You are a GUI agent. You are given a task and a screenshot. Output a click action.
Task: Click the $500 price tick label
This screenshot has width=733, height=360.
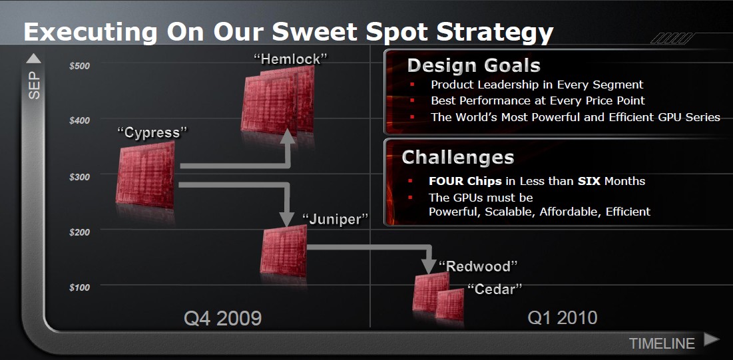pos(79,66)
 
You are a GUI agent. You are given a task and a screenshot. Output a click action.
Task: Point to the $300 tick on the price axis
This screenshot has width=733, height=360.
pos(79,177)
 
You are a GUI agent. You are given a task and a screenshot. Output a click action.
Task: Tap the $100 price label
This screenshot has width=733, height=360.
pos(79,287)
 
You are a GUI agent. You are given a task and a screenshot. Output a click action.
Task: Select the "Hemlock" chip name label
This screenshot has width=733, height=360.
pos(290,59)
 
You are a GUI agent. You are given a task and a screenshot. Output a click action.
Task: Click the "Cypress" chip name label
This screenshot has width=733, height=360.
pos(152,133)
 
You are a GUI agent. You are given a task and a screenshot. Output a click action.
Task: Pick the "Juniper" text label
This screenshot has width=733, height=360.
pos(335,219)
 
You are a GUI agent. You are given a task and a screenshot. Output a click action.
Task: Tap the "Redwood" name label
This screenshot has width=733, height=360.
pos(478,266)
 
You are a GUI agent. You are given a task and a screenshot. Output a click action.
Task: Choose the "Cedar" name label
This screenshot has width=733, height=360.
pos(495,289)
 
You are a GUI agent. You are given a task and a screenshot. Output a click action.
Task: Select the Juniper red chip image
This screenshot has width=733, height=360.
pos(284,251)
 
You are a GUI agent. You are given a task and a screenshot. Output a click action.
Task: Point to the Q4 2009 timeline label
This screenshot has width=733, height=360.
pos(222,318)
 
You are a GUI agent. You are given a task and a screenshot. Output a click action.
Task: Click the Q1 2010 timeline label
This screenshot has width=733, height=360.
pos(563,318)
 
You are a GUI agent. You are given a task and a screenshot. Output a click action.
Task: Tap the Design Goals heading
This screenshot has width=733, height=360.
pos(474,65)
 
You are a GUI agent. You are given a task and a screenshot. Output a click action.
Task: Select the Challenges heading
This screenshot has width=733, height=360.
pos(458,157)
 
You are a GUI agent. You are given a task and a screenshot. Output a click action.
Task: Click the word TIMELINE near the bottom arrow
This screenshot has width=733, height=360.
pos(662,343)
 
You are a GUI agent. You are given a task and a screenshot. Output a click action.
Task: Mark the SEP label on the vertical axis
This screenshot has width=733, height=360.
pos(35,85)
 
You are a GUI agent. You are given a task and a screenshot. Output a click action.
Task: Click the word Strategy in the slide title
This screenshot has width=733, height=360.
pos(495,32)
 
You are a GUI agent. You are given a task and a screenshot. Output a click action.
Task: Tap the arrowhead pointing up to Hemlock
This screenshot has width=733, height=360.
pos(288,136)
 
